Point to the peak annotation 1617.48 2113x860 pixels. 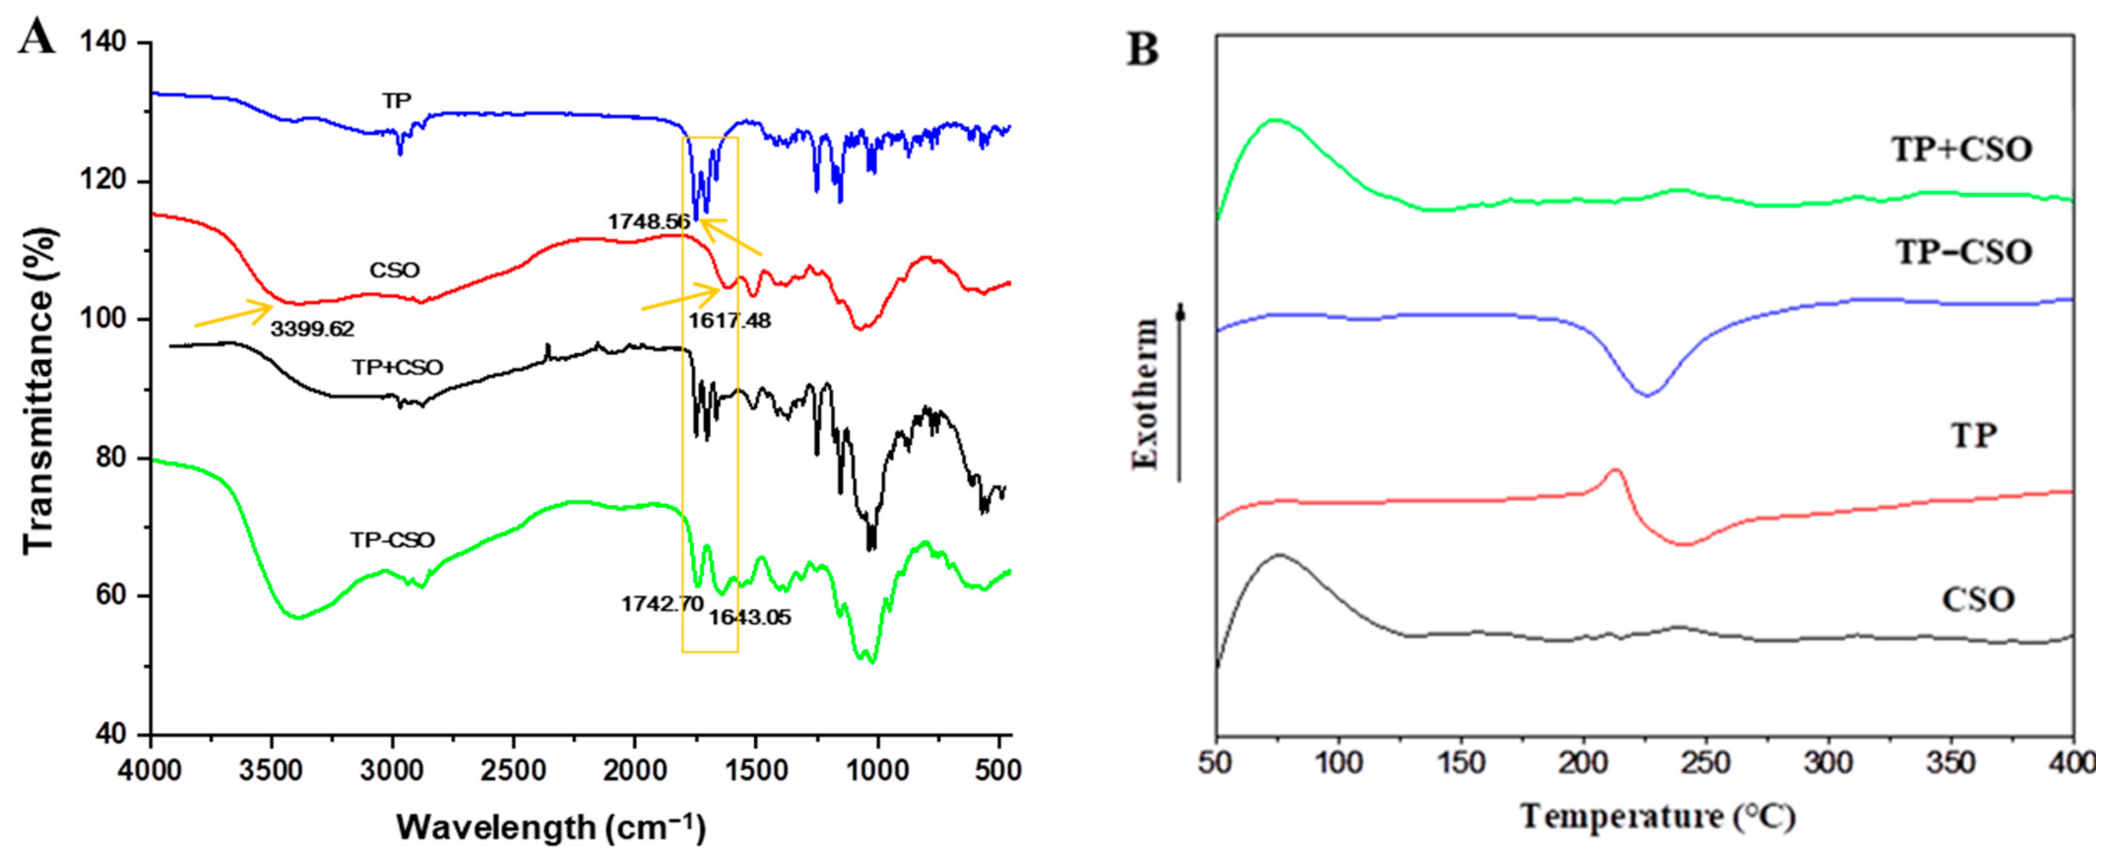pos(729,321)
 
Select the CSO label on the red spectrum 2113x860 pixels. pos(394,271)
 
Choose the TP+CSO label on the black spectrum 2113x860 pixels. pos(398,368)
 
